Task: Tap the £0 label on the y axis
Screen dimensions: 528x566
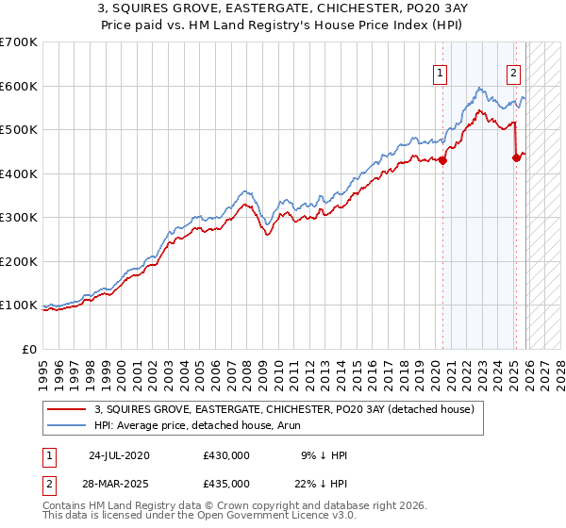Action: coord(28,349)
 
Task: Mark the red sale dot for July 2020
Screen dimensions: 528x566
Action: coord(442,160)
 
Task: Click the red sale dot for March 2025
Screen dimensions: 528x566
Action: coord(516,158)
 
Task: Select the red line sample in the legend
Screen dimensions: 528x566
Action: coord(68,407)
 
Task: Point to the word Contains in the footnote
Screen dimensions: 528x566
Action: coord(65,507)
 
